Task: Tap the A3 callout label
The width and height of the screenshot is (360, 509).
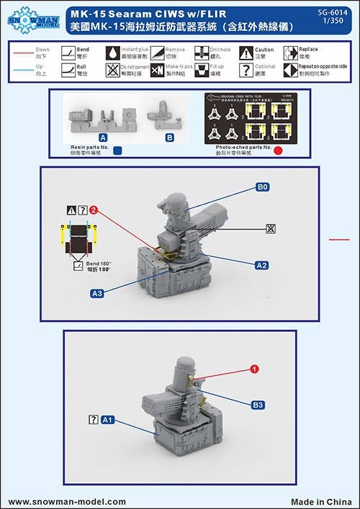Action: (96, 293)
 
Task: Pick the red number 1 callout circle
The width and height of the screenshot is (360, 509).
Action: (253, 369)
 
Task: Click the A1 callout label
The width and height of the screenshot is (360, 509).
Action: (107, 418)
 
